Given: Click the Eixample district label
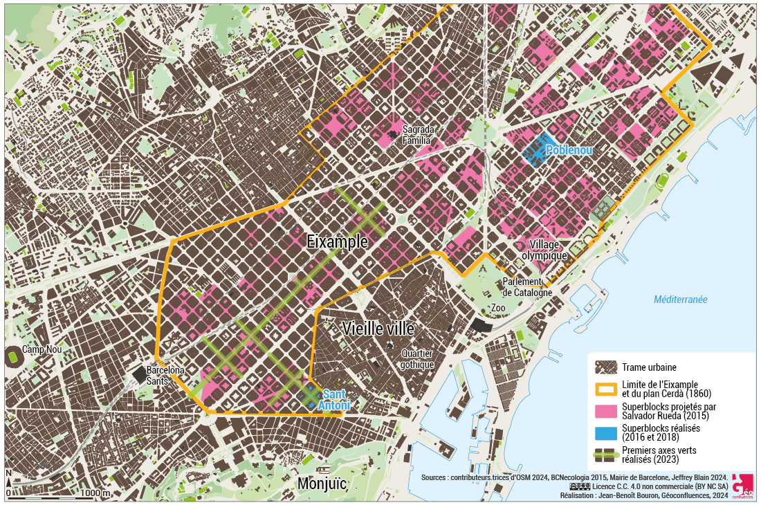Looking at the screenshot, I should click(337, 241).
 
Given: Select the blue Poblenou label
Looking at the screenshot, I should click(569, 150).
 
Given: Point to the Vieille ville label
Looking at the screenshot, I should click(378, 329).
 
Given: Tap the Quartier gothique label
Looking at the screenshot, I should click(417, 359).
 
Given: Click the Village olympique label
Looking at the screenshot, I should click(549, 250).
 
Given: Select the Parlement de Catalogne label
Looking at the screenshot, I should click(527, 287).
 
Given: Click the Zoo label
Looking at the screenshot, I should click(499, 308).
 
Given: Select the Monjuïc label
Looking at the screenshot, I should click(321, 484).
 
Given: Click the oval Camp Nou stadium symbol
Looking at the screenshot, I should click(13, 359).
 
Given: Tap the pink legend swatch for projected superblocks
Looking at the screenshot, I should click(606, 411).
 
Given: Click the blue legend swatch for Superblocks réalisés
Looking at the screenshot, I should click(606, 432).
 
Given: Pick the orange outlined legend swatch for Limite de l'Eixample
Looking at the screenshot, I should click(606, 389).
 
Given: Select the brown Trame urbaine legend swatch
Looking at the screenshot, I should click(606, 367).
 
